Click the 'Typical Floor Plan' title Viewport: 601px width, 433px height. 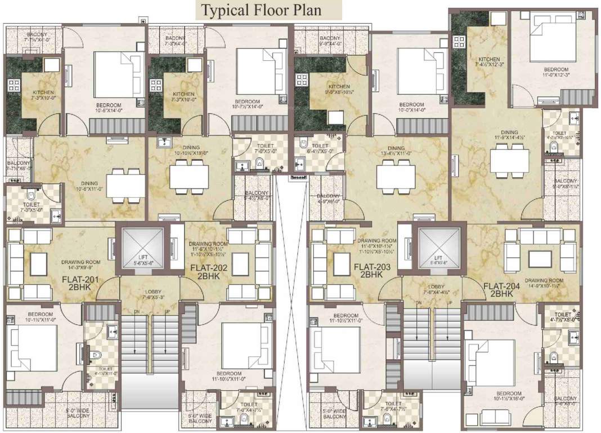[268, 10]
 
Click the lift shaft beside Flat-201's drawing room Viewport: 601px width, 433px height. [142, 248]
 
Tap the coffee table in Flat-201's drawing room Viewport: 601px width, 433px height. [39, 263]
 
